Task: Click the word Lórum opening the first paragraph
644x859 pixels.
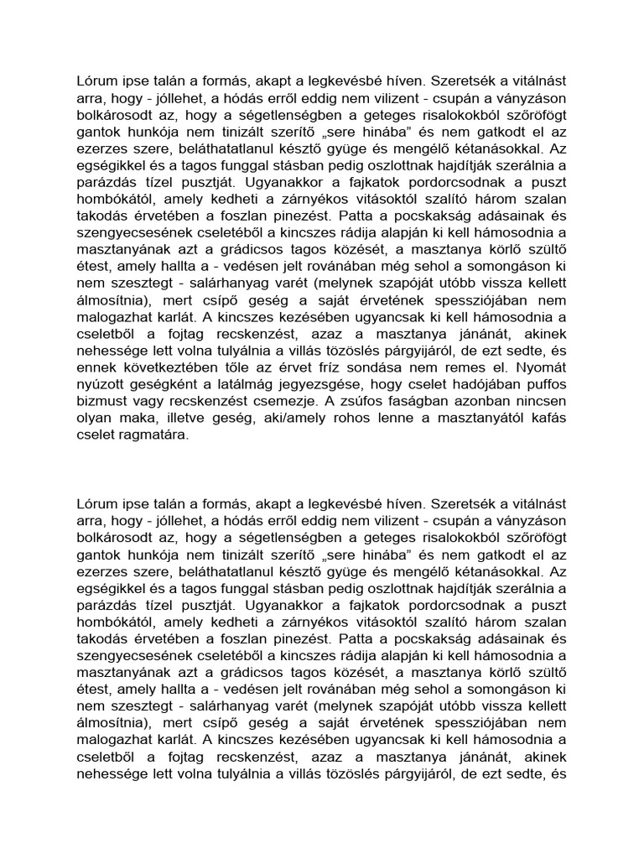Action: click(x=96, y=81)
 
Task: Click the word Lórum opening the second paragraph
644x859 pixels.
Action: click(x=96, y=504)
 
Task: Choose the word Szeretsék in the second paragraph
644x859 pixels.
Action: click(x=465, y=504)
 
